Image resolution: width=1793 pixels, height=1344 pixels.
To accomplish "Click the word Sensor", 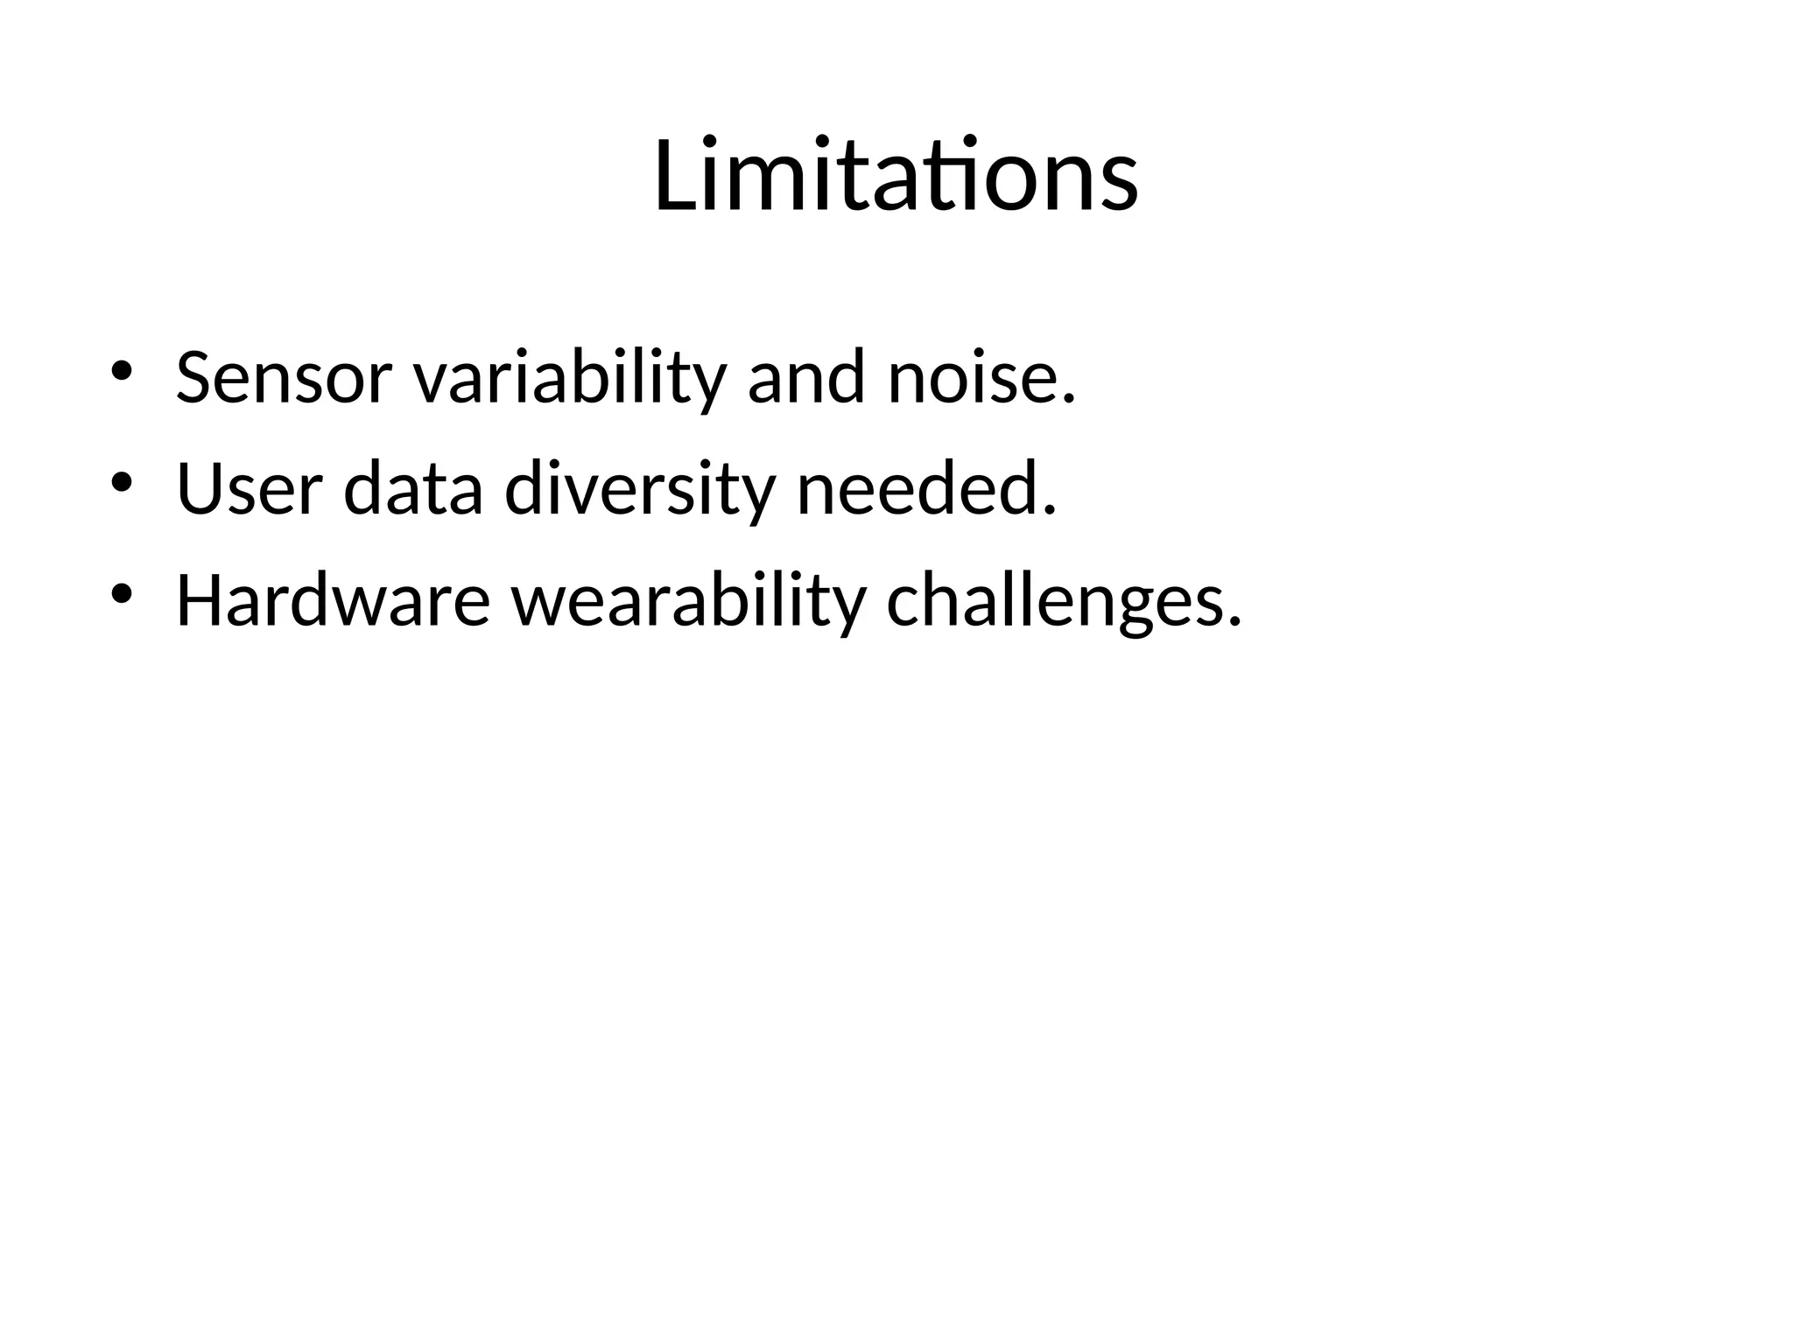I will [x=284, y=378].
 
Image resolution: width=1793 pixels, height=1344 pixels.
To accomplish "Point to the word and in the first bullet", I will [x=806, y=378].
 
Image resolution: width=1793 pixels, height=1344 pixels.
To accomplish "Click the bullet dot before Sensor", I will [x=121, y=371].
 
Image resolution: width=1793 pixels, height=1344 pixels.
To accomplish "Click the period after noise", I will [x=1067, y=400].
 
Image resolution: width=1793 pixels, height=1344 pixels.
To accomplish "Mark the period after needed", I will [x=1050, y=510].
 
